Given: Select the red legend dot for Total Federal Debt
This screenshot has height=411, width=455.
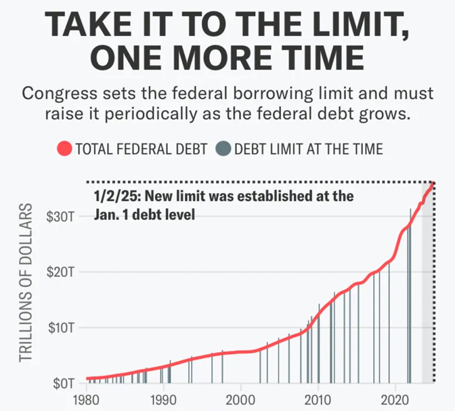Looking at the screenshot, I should pyautogui.click(x=65, y=148).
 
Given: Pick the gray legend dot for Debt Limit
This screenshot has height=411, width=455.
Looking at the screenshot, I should pyautogui.click(x=225, y=148).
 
